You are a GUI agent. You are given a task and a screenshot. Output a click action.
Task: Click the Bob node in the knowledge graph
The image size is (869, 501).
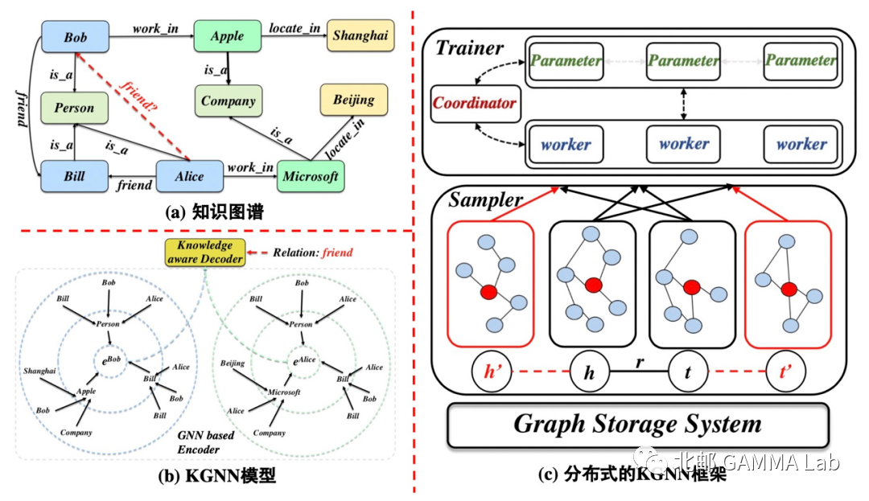click(75, 37)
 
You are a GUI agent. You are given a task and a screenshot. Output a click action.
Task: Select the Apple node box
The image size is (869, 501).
click(227, 37)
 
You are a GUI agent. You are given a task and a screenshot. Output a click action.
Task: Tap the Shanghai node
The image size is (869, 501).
click(359, 36)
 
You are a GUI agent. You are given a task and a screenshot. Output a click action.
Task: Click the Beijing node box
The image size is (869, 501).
click(353, 101)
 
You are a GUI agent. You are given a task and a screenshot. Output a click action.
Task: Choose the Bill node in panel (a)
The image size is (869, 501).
click(75, 176)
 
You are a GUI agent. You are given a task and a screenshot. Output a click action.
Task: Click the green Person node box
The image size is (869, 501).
click(75, 108)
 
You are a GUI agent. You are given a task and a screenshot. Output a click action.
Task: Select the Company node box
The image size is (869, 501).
click(229, 101)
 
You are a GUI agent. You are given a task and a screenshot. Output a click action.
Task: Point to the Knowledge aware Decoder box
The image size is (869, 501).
click(204, 252)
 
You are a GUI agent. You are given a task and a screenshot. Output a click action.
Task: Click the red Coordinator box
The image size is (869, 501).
click(474, 104)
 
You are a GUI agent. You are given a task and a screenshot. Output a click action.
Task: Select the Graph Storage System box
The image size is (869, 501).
click(637, 424)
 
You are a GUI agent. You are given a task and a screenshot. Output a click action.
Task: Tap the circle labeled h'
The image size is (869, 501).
click(492, 373)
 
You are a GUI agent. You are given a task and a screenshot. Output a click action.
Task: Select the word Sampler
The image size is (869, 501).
click(485, 199)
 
